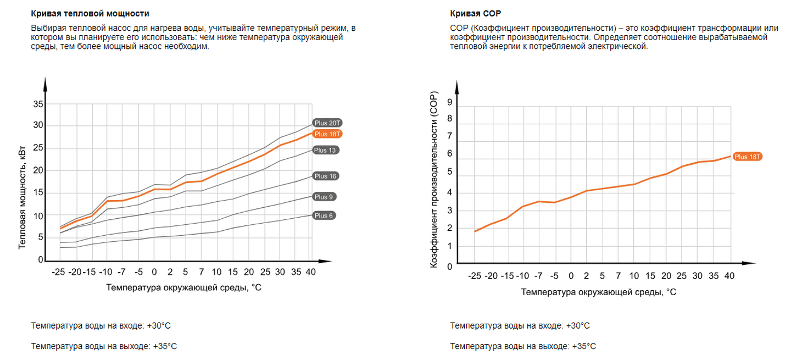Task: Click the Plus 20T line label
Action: (x=328, y=123)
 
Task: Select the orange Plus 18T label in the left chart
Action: (x=328, y=134)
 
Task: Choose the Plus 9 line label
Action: (x=325, y=197)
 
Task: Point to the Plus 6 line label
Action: (x=324, y=215)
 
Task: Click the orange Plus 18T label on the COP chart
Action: (x=748, y=157)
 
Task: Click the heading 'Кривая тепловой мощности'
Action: (x=90, y=13)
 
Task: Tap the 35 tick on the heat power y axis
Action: (x=38, y=104)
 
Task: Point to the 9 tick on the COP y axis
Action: (x=450, y=102)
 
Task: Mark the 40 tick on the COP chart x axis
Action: (x=730, y=276)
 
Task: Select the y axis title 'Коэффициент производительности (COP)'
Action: (x=433, y=180)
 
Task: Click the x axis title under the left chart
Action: (x=184, y=287)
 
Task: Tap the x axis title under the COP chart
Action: (x=599, y=292)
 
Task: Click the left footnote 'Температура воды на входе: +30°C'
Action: (x=101, y=325)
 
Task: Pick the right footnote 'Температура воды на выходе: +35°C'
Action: (x=523, y=346)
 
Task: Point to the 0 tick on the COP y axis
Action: (x=450, y=267)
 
